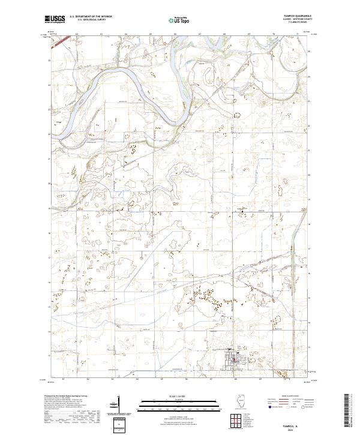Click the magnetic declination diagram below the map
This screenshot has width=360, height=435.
click(119, 403)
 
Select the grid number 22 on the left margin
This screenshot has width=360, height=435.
click(49, 134)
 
